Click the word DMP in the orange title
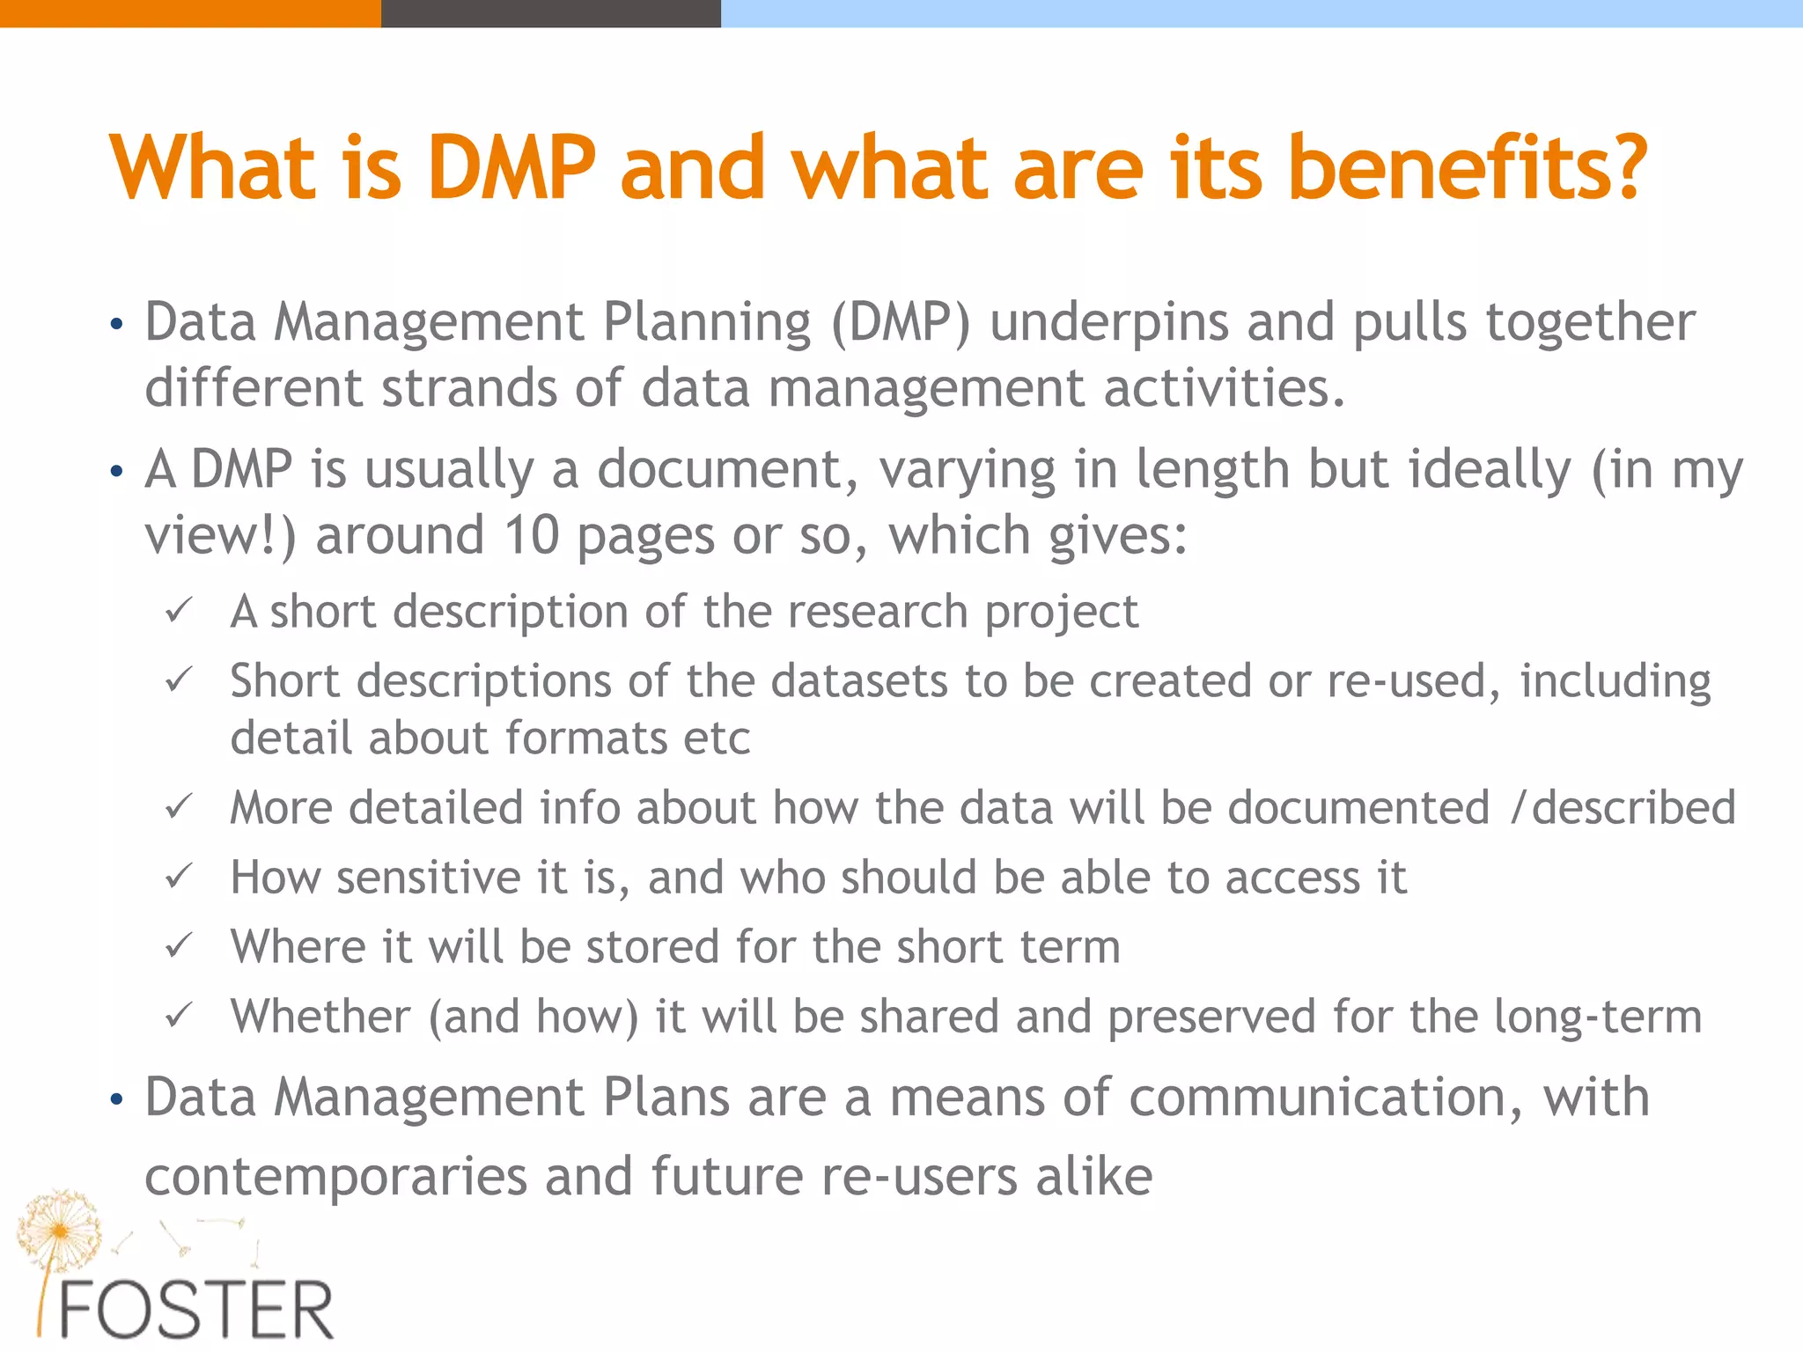coord(511,167)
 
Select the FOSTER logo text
coord(195,1310)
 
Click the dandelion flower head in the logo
coord(58,1229)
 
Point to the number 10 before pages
coord(532,535)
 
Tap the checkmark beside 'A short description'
coord(179,611)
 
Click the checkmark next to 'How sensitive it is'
coord(179,877)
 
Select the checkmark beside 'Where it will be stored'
coord(179,946)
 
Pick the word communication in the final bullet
coord(1325,1098)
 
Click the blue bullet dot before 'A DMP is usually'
coord(116,472)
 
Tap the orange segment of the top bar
coord(189,13)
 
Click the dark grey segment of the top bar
coord(550,13)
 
